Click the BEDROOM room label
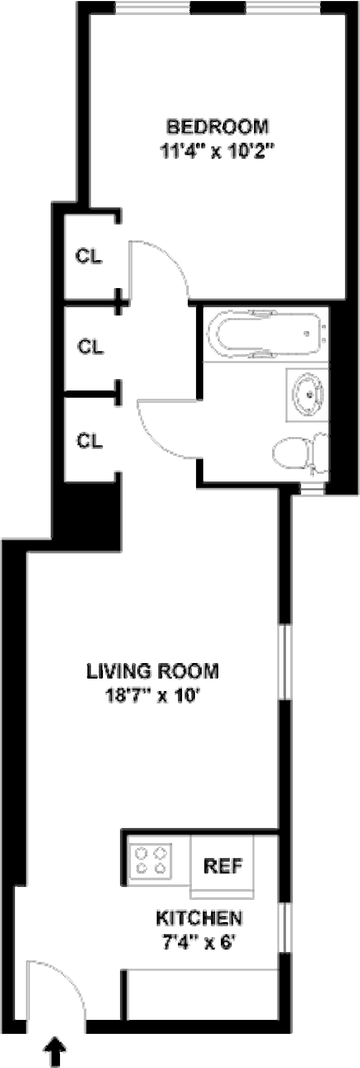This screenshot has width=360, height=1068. [x=217, y=127]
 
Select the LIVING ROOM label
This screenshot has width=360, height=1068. [x=152, y=671]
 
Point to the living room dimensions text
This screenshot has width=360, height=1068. [x=152, y=696]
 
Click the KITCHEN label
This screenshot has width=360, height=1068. [x=200, y=919]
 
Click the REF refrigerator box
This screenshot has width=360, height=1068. [x=222, y=865]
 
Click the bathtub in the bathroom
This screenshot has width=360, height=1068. [x=265, y=334]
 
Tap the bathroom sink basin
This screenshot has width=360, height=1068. [x=308, y=394]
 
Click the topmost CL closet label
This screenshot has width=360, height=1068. [x=89, y=257]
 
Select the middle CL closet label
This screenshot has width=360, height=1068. [x=91, y=347]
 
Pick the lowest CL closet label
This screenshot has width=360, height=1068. [x=89, y=441]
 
